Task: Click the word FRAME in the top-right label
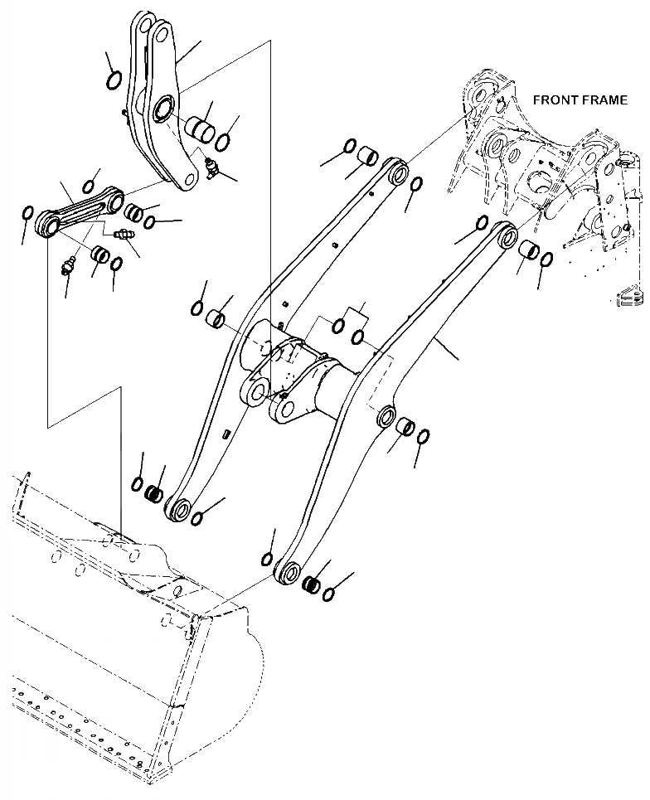[604, 100]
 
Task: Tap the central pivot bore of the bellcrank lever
[162, 108]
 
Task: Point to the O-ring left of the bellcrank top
[114, 80]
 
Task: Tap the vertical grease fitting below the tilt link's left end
[68, 267]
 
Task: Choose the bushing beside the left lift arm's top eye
[367, 156]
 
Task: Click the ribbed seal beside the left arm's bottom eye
[153, 495]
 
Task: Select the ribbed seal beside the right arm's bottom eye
[313, 584]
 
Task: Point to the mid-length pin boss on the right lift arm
[385, 415]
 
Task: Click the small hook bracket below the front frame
[628, 294]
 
